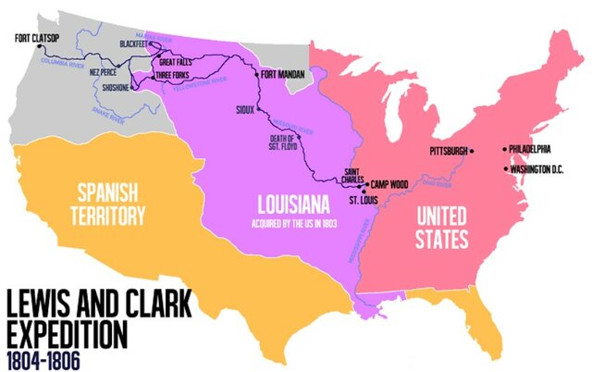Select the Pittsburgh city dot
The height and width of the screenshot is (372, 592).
[472, 150]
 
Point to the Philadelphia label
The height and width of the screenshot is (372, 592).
[530, 148]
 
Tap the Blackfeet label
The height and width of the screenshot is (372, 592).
[137, 44]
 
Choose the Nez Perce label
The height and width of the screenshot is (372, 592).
[103, 72]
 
